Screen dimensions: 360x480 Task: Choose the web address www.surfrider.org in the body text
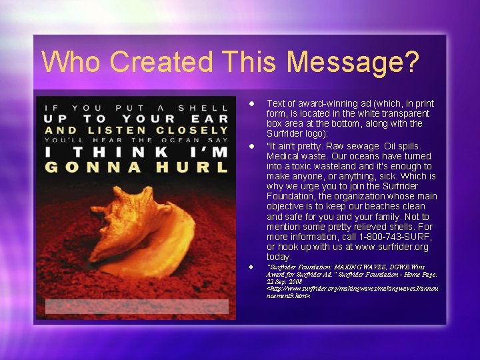386,247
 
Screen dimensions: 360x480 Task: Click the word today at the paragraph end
279,257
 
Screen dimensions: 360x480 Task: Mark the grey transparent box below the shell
136,306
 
